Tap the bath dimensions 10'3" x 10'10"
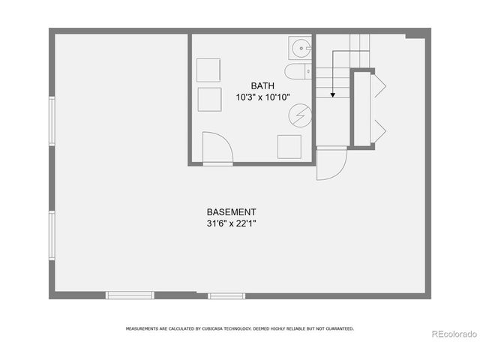click(262, 97)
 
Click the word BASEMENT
click(232, 211)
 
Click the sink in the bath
click(302, 49)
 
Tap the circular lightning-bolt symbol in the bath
click(299, 114)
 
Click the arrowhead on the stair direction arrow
click(332, 95)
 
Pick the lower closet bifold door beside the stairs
click(379, 130)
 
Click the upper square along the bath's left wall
click(208, 70)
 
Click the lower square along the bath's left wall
click(208, 99)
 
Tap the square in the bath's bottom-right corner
click(289, 147)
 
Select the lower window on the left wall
click(52, 236)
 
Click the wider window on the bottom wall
click(130, 295)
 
